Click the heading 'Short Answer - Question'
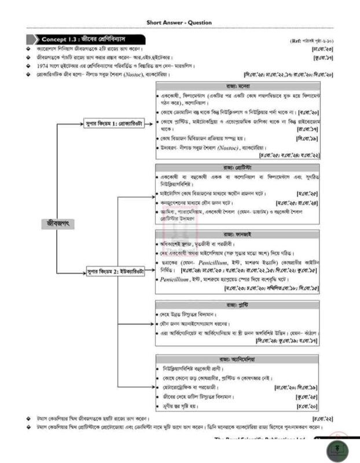click(x=179, y=23)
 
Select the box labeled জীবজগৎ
click(x=58, y=224)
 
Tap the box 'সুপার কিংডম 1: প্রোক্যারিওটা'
click(x=113, y=123)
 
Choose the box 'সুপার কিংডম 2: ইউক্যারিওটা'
click(x=113, y=270)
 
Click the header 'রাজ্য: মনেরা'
click(x=238, y=85)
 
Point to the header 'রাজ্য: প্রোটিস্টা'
click(x=238, y=167)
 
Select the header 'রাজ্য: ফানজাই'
click(x=238, y=234)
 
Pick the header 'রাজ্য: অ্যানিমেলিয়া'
click(x=238, y=359)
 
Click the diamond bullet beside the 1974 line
click(x=28, y=66)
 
